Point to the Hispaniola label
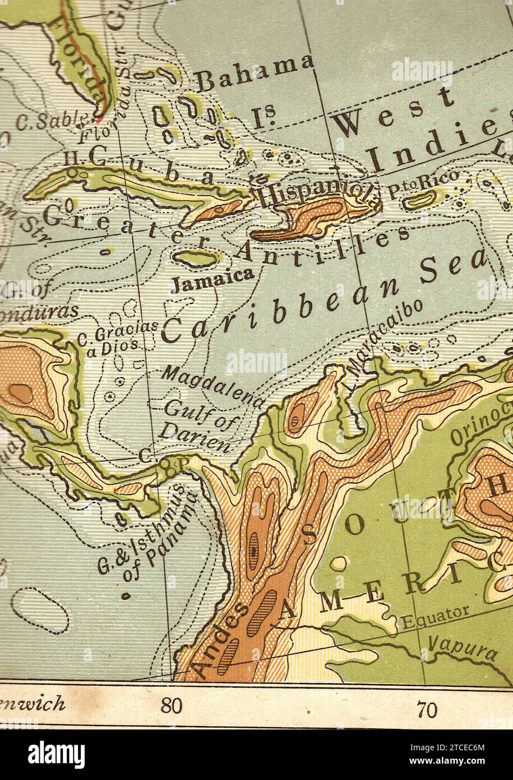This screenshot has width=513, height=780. coord(316,192)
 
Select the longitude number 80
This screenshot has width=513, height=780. coord(172,705)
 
